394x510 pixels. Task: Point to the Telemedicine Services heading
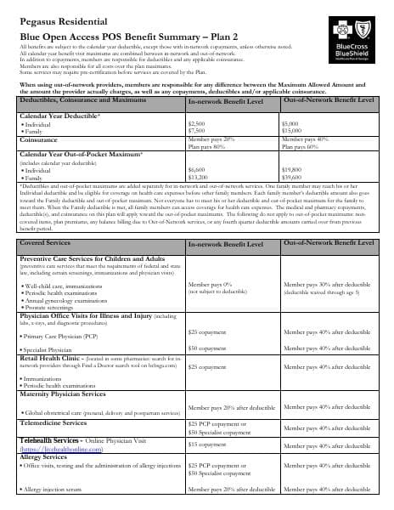tap(53, 422)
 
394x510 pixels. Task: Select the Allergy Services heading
tap(43, 457)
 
